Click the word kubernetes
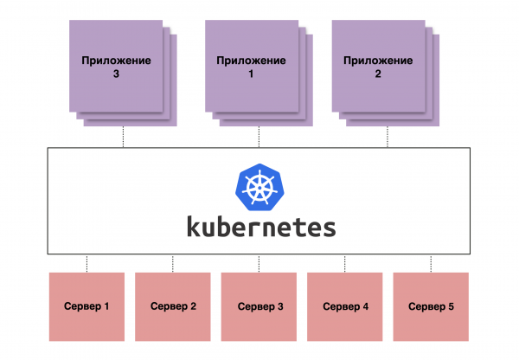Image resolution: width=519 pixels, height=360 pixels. [x=260, y=227]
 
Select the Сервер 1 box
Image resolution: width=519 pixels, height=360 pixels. [x=86, y=306]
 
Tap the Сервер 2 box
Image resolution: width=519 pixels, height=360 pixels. [x=173, y=306]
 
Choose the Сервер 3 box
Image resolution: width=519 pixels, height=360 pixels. [x=259, y=306]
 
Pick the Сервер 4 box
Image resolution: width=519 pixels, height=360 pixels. [x=344, y=306]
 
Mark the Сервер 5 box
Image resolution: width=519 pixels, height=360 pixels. [x=431, y=306]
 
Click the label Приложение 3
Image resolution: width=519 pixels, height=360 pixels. [x=116, y=67]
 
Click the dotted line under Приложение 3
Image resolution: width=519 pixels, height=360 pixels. [x=123, y=137]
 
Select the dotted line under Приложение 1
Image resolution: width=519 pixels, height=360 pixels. [x=259, y=137]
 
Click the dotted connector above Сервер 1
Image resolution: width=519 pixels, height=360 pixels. [x=86, y=263]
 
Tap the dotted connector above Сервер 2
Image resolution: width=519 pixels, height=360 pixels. [x=173, y=263]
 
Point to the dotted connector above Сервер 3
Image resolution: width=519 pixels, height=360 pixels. [x=259, y=263]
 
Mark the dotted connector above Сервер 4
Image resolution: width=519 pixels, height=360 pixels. [x=344, y=263]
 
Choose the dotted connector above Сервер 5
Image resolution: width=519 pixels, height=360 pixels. [x=431, y=263]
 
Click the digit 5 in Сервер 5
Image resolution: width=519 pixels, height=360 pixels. [x=450, y=306]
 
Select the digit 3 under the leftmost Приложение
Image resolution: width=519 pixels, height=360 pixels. [x=116, y=74]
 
